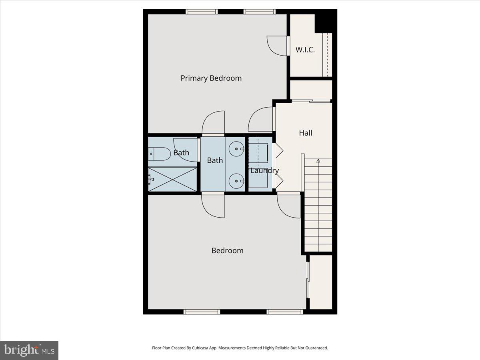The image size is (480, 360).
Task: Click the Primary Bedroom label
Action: click(211, 78)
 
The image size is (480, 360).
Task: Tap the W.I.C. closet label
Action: click(305, 50)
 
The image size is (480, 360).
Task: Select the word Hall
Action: click(306, 133)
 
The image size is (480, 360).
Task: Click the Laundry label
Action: click(264, 170)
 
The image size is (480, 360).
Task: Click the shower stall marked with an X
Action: click(172, 180)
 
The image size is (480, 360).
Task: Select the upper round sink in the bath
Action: click(236, 149)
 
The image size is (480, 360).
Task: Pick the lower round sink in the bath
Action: click(236, 181)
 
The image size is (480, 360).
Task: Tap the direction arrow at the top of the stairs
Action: click(318, 161)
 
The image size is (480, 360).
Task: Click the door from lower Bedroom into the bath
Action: click(213, 206)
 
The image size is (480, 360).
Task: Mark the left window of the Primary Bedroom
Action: click(202, 12)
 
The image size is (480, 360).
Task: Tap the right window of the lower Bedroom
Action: click(284, 312)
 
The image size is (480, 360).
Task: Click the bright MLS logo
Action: click(29, 350)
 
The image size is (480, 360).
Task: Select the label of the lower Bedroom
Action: click(227, 250)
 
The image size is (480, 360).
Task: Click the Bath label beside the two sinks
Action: click(215, 160)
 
